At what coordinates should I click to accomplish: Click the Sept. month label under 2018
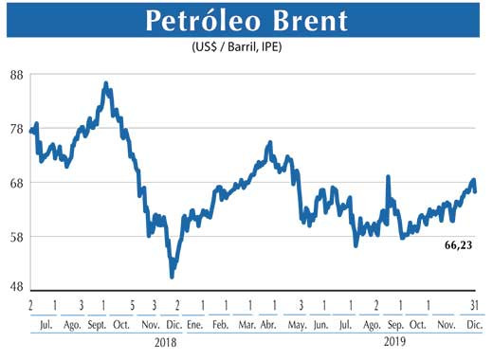point(96,325)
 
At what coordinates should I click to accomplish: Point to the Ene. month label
point(195,325)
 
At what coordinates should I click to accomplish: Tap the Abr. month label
point(268,325)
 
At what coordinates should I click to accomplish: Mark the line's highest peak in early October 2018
point(106,84)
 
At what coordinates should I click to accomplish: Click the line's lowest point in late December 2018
point(172,276)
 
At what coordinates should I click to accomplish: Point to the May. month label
point(296,325)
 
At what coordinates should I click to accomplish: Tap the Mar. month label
point(246,325)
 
